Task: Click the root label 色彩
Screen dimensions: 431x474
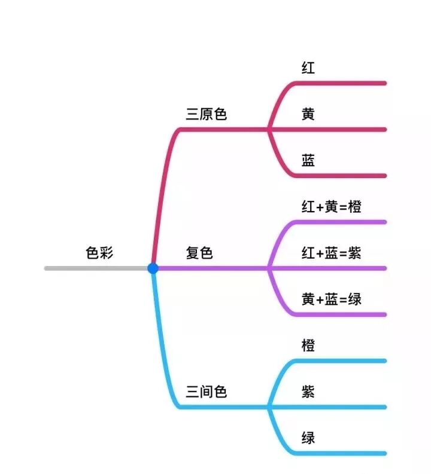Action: (99, 253)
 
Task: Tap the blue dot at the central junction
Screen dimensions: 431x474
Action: (153, 268)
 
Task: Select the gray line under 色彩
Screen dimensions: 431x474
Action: (96, 268)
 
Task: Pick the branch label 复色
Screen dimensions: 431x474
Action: (199, 253)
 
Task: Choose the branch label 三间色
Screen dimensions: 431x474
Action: (206, 392)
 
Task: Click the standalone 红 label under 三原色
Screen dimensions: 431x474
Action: (308, 68)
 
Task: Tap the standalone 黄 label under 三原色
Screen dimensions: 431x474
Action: (308, 114)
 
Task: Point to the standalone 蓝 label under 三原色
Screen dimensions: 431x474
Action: (308, 161)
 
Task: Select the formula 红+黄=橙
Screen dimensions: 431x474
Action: (331, 207)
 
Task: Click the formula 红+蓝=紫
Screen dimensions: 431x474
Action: (331, 253)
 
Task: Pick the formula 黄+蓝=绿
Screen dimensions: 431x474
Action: (331, 299)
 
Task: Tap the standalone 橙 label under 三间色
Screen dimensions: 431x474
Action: (308, 346)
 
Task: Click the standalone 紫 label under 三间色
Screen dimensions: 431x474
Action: (308, 392)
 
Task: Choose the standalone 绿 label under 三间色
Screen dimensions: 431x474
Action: (308, 439)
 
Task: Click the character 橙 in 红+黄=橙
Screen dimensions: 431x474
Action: (354, 207)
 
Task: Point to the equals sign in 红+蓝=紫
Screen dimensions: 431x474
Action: (342, 253)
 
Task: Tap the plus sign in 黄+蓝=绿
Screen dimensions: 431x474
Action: (320, 299)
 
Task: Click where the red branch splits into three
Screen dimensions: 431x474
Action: (269, 129)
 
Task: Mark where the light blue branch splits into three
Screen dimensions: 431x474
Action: (269, 407)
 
